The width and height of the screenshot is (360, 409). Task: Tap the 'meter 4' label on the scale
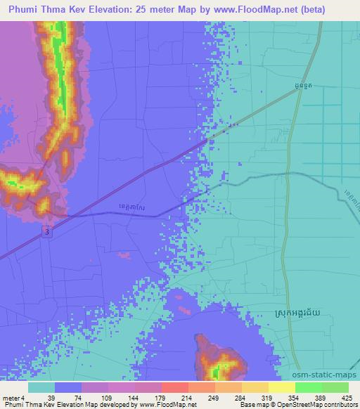tap(12, 398)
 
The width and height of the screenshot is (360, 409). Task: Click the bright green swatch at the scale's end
tap(335, 387)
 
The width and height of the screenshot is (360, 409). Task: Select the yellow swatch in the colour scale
tap(281, 387)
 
